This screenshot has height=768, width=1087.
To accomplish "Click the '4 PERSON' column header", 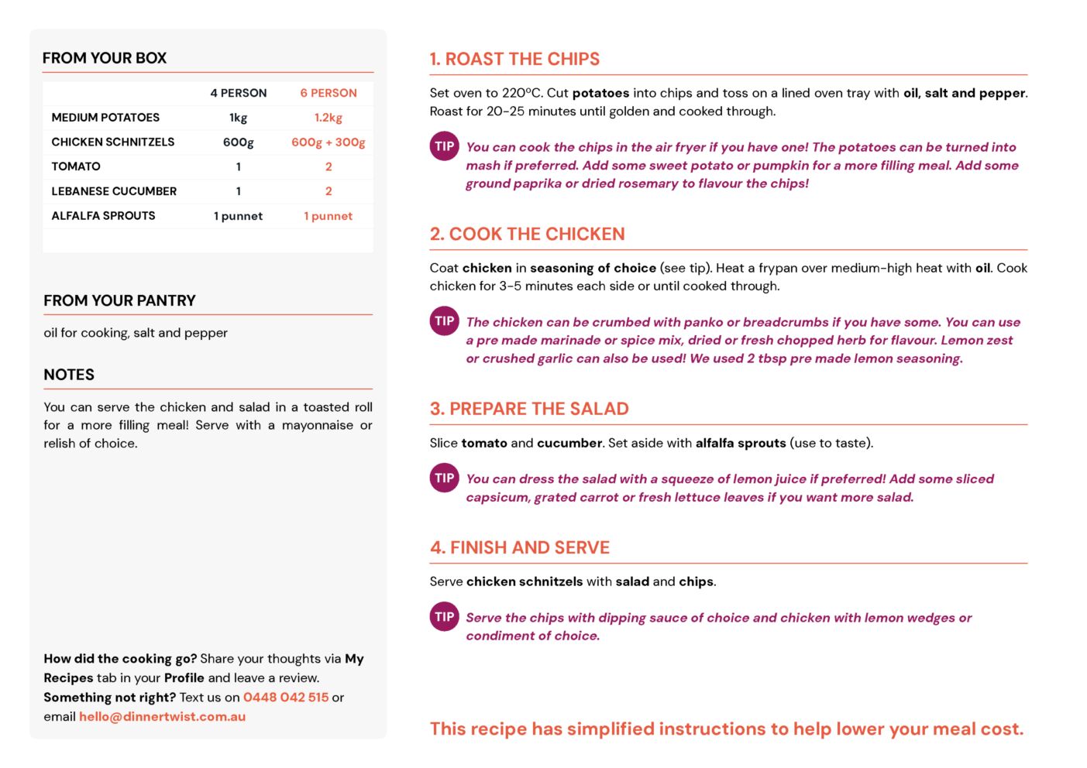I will tap(238, 93).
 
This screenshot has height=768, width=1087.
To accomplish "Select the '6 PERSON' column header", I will tap(329, 93).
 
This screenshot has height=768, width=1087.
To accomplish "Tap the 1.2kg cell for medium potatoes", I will tap(329, 118).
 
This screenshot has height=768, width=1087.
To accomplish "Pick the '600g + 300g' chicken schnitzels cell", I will tap(329, 142).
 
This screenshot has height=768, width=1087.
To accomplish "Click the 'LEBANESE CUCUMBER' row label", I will tap(114, 191).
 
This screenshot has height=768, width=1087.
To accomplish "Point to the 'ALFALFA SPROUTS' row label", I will tap(103, 216).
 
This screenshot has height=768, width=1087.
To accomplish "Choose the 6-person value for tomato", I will tap(329, 166).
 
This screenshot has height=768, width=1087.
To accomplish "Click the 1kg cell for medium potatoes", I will tap(238, 118).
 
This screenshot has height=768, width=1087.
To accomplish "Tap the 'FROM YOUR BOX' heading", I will tap(105, 58).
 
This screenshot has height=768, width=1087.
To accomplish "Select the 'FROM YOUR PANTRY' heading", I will tap(119, 300).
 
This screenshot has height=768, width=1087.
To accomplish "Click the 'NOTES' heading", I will tap(69, 375).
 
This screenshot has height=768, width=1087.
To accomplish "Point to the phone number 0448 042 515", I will tap(286, 698).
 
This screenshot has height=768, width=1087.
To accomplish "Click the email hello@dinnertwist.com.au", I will tap(162, 717).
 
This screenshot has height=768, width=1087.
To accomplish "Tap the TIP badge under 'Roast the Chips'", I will tap(444, 146).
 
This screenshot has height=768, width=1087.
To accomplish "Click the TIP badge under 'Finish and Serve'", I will tap(444, 617).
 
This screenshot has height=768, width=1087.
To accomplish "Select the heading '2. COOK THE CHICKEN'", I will tap(527, 234).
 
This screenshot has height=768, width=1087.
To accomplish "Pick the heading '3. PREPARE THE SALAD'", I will tap(529, 409).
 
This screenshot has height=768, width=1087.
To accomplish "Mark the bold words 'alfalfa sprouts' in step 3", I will tap(741, 443).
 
